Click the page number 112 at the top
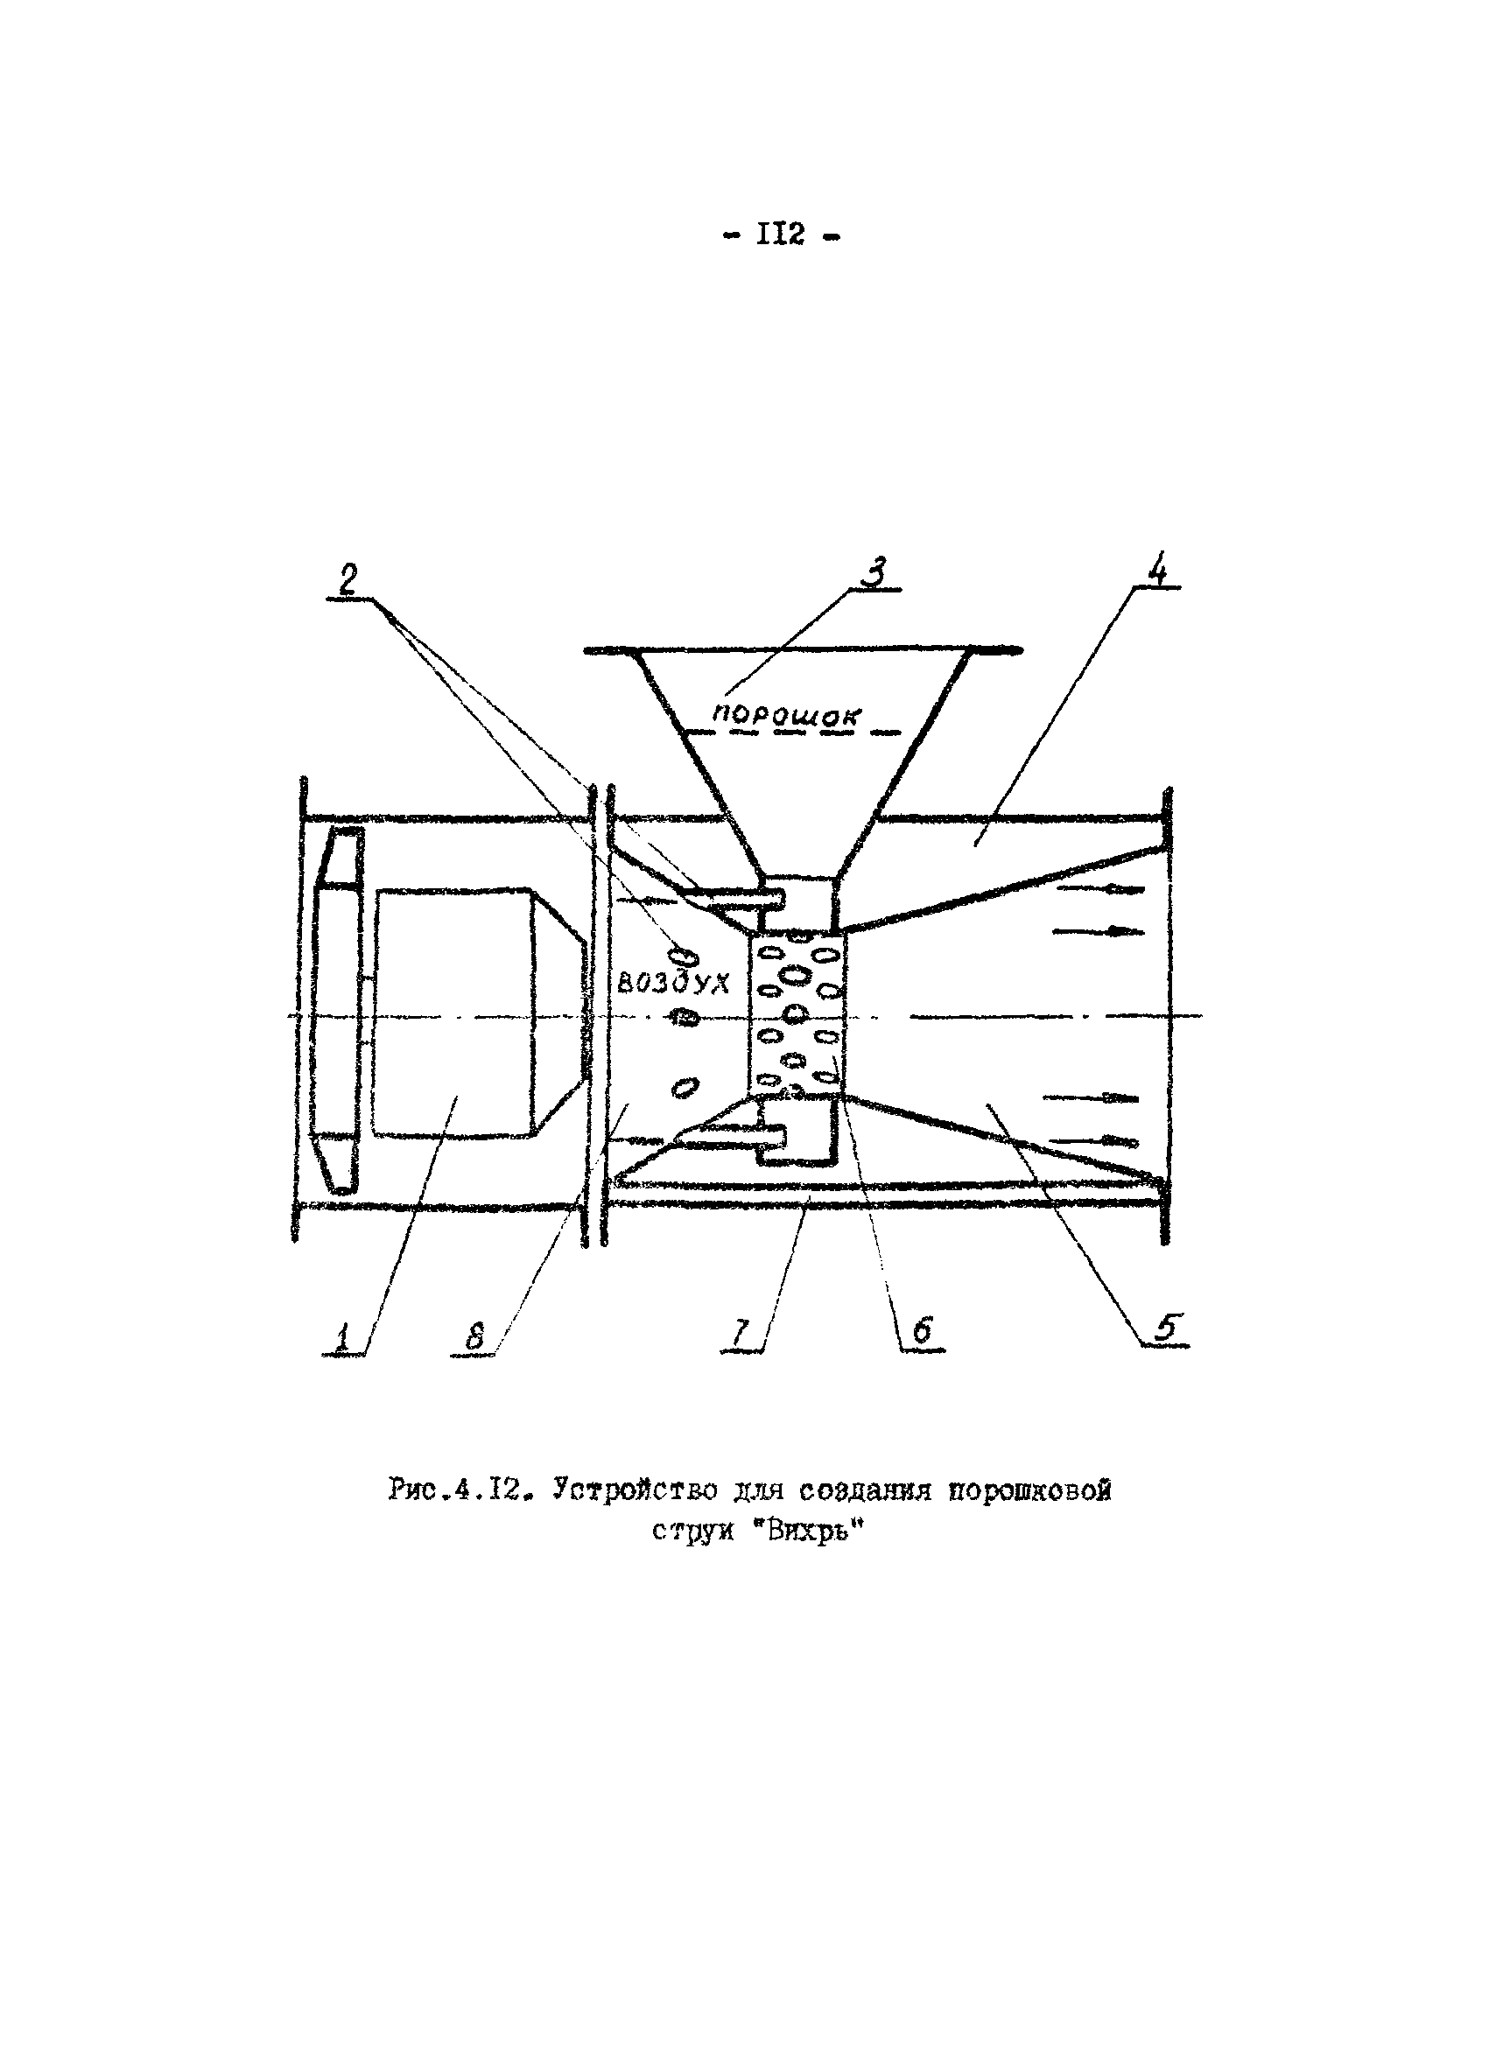[781, 235]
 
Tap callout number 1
[343, 1337]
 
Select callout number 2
[348, 580]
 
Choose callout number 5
[1165, 1328]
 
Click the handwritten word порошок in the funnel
[787, 715]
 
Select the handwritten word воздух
[674, 983]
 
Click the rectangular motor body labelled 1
[453, 1012]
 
